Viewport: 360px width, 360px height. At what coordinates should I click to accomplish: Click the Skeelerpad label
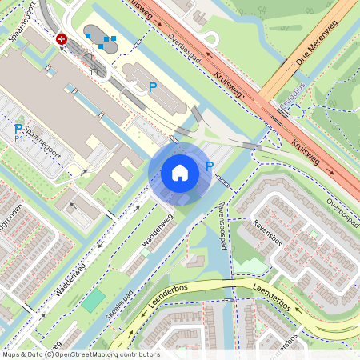[x=118, y=303]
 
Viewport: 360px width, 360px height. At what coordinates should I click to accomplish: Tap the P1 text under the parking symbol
[x=20, y=138]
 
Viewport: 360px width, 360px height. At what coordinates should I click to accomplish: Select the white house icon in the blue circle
[x=180, y=173]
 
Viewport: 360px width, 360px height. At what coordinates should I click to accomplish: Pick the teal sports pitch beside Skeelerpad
[x=94, y=300]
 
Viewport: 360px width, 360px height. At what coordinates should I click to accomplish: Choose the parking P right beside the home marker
[x=210, y=166]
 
